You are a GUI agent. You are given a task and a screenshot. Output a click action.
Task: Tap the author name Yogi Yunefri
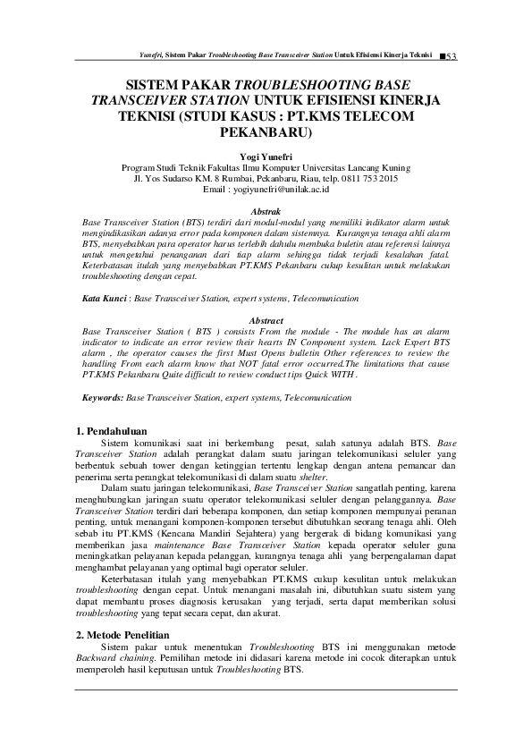click(x=266, y=156)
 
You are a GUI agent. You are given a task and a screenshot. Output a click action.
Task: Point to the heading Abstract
click(x=266, y=320)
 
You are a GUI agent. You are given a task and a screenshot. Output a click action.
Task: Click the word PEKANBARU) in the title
click(x=266, y=135)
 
